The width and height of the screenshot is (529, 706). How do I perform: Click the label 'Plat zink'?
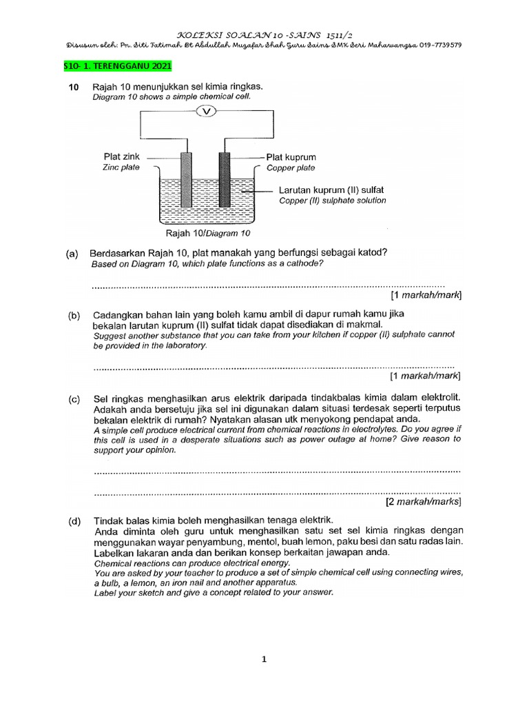[122, 157]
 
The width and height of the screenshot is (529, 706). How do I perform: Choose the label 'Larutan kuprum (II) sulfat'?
[331, 189]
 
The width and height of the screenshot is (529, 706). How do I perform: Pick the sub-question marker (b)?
[73, 315]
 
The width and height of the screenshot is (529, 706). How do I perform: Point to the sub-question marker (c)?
[73, 399]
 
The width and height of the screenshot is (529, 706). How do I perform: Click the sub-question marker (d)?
[73, 520]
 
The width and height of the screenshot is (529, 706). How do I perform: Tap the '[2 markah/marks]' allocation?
[424, 502]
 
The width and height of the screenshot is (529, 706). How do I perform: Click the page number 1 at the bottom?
[264, 659]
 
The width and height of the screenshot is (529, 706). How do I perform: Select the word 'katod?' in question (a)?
[371, 252]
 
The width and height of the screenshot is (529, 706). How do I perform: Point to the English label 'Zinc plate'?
[121, 168]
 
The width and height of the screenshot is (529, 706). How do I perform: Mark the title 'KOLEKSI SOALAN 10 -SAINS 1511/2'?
[264, 33]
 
